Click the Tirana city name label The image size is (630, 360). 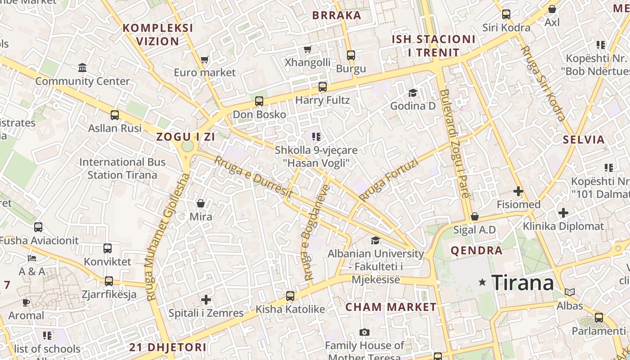point(522,283)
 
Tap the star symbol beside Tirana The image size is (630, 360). point(482,282)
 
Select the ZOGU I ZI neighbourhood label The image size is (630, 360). point(185,137)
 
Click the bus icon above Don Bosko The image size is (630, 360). point(259,101)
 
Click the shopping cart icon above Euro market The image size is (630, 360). point(205,59)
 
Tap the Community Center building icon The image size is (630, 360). point(82,68)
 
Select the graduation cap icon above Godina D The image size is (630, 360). point(413,93)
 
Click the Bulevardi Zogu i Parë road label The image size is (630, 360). point(454,144)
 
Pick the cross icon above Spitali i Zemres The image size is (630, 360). point(206,300)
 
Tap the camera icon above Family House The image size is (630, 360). point(364,333)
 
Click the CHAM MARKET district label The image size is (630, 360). point(391,307)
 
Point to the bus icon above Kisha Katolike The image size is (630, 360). point(290,296)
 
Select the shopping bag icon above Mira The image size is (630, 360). point(201,203)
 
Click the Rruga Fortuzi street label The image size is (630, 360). point(389,180)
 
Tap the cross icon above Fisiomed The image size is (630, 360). point(518,191)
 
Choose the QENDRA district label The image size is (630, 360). point(477,251)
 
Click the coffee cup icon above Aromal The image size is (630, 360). point(26,302)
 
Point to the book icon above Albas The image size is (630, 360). point(570,292)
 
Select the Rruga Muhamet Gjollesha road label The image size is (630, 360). point(166,237)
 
